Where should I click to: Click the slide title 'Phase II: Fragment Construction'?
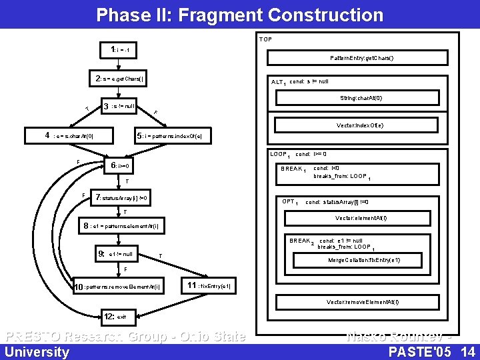240,15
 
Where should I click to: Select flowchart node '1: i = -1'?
124,49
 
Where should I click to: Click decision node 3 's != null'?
120,106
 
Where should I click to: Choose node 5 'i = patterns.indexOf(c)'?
173,135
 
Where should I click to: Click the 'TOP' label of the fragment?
265,39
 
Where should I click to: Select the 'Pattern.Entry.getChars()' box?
361,58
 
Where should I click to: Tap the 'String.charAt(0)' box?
361,98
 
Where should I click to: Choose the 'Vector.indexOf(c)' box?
359,125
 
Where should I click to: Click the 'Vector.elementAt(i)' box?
361,218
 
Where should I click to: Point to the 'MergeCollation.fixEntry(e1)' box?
364,260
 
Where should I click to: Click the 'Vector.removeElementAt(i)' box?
363,302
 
